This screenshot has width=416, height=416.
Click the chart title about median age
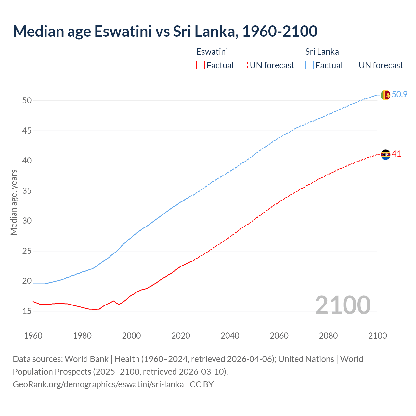[165, 31]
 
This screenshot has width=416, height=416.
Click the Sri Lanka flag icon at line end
[385, 95]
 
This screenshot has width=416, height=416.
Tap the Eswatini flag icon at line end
[385, 154]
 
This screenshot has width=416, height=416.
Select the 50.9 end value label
[399, 95]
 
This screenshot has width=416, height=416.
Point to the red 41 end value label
[396, 154]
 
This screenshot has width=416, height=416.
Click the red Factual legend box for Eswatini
[201, 65]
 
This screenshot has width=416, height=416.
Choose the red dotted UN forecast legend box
[244, 65]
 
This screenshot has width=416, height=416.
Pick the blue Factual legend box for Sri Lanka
[310, 65]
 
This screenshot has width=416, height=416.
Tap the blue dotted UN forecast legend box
[353, 65]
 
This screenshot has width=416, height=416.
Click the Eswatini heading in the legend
[212, 52]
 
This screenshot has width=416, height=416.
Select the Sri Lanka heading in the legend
[322, 52]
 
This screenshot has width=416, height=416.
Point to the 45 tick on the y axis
[27, 131]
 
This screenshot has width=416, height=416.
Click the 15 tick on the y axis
[27, 311]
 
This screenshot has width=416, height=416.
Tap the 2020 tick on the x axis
[180, 336]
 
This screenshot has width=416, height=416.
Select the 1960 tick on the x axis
[33, 336]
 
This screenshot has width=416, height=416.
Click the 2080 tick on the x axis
[328, 336]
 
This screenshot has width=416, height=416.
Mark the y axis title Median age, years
[14, 202]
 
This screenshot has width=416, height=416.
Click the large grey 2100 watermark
[343, 305]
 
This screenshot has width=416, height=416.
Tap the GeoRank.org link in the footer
[98, 384]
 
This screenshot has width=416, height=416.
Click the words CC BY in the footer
[201, 384]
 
